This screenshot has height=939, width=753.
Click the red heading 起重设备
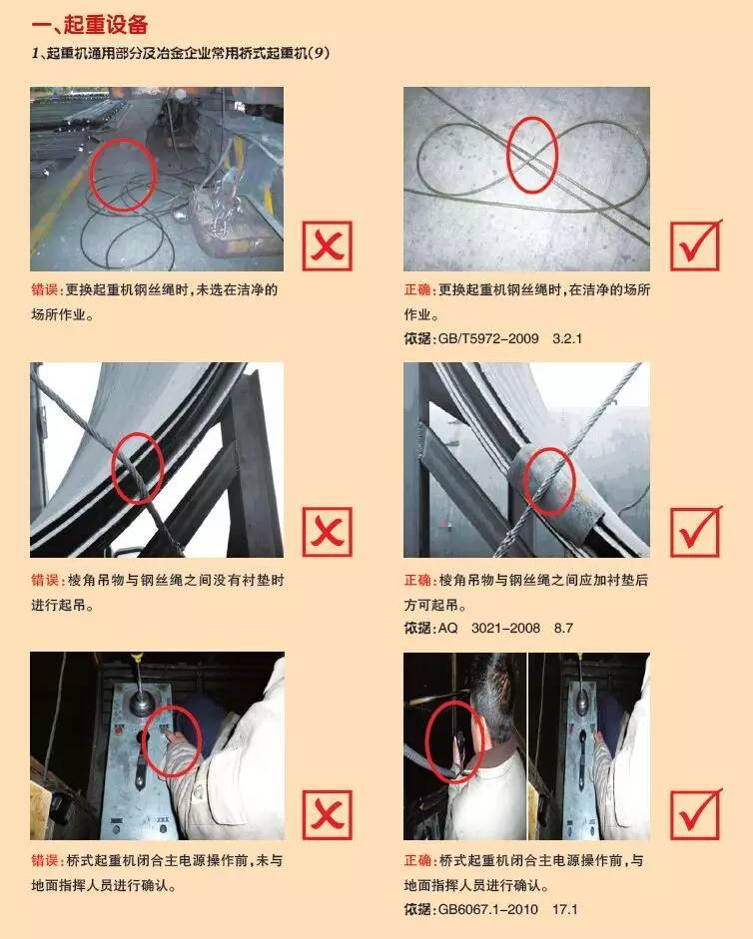tap(106, 24)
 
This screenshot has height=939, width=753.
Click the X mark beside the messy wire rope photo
tap(327, 245)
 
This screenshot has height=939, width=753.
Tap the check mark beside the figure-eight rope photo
tap(696, 244)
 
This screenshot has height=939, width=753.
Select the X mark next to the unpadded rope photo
tap(327, 532)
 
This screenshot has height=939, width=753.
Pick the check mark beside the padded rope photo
tap(696, 531)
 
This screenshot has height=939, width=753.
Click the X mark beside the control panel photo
tap(327, 814)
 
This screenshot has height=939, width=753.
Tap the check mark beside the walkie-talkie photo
tap(696, 814)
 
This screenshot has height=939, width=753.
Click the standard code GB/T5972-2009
tap(488, 338)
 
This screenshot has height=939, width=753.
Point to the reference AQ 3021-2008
tap(489, 629)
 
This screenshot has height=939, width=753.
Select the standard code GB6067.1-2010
tap(488, 909)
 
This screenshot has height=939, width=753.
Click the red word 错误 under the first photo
tap(46, 289)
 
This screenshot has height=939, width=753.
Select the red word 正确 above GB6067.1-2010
tap(418, 860)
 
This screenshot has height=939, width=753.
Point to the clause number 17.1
tap(565, 909)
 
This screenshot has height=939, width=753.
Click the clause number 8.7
tap(563, 629)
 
